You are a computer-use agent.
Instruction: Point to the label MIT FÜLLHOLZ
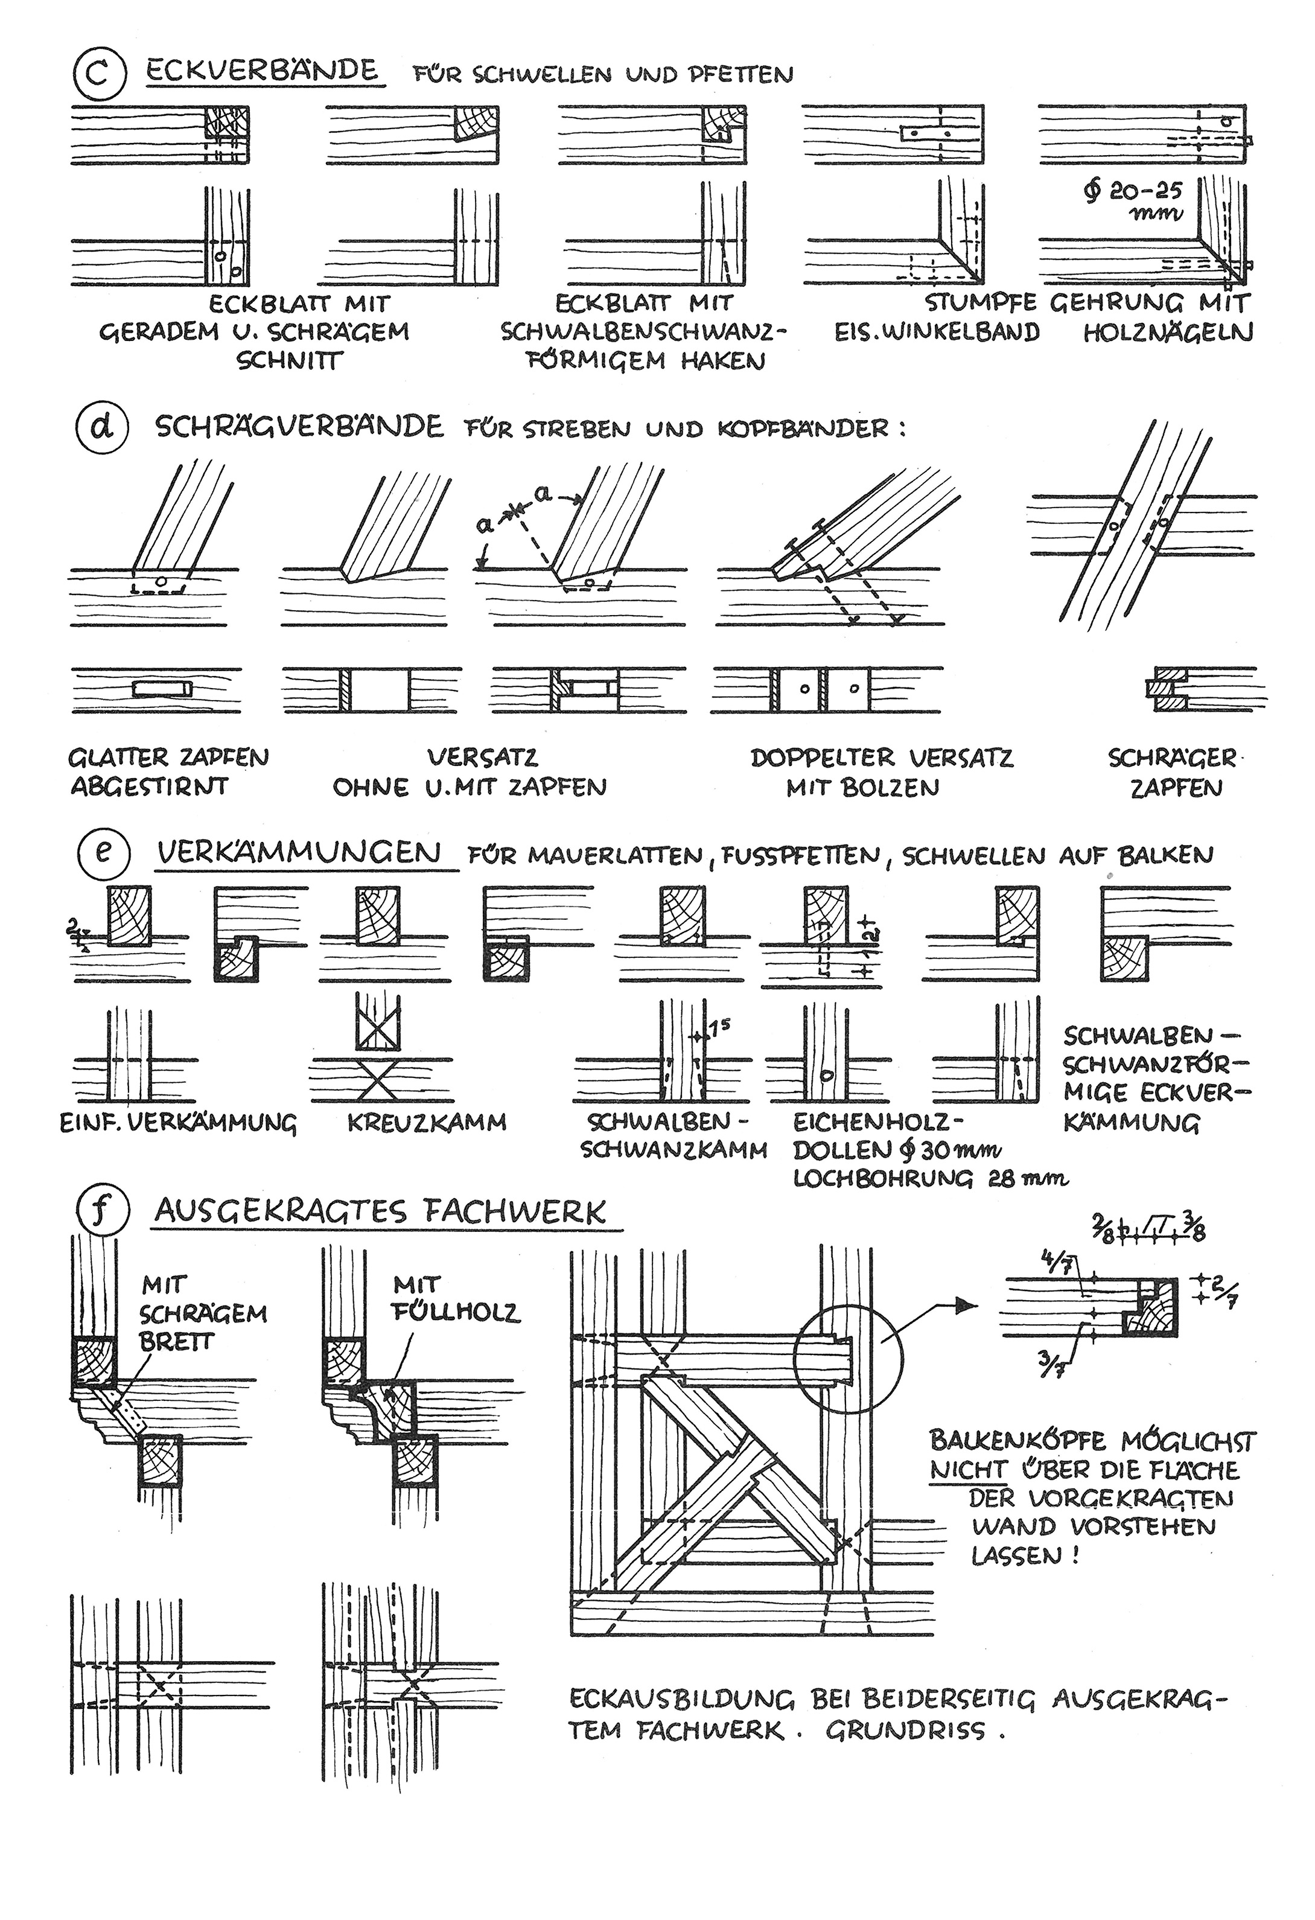tap(457, 1298)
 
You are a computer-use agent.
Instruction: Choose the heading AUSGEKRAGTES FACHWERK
tap(380, 1212)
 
